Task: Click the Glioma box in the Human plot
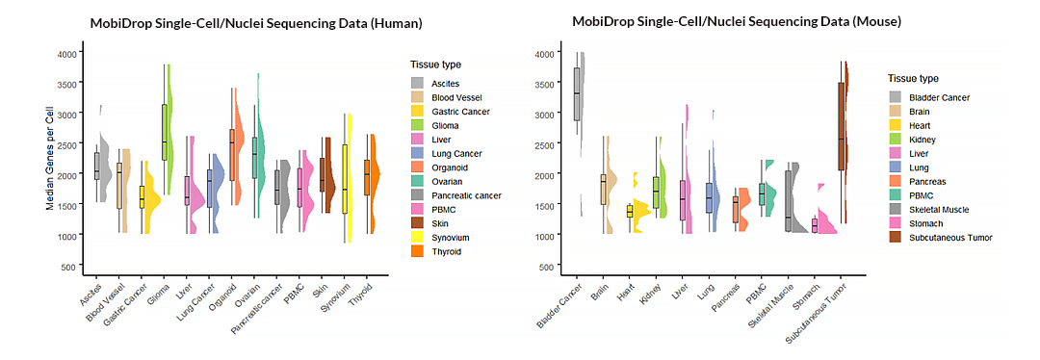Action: coord(165,131)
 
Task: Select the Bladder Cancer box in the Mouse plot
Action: coord(577,93)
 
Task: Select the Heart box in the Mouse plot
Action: coord(630,211)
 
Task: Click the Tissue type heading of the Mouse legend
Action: coord(913,79)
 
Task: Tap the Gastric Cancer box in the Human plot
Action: coord(143,195)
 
